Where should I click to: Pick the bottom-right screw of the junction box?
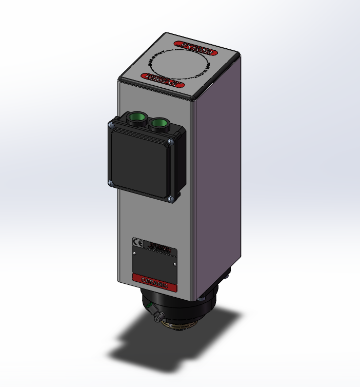click(170, 198)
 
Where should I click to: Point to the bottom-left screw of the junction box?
click(109, 182)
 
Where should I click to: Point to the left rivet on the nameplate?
click(134, 253)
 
